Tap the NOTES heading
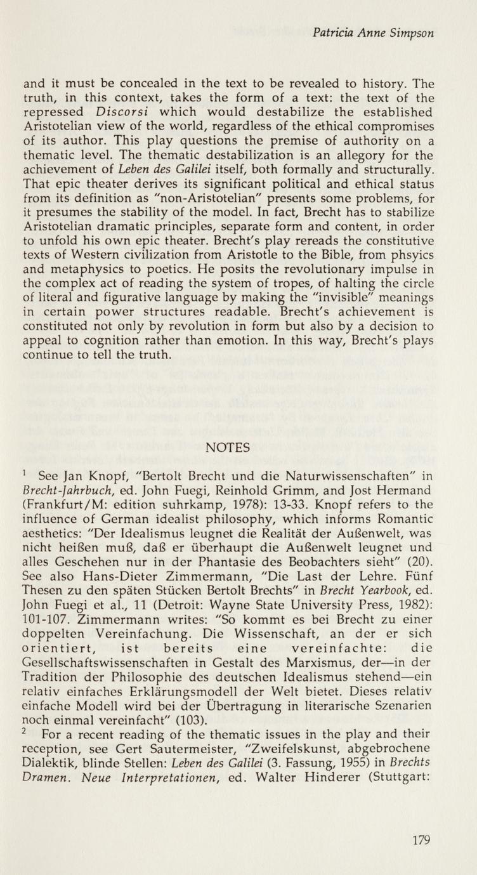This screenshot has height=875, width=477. point(228,447)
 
